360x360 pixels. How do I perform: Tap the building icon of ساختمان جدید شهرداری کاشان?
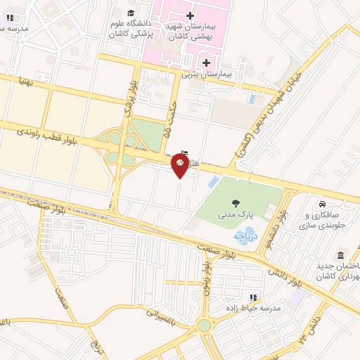click(x=341, y=254)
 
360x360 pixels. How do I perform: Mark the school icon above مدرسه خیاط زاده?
click(x=254, y=297)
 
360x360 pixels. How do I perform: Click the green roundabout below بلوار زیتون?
click(x=204, y=326)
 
